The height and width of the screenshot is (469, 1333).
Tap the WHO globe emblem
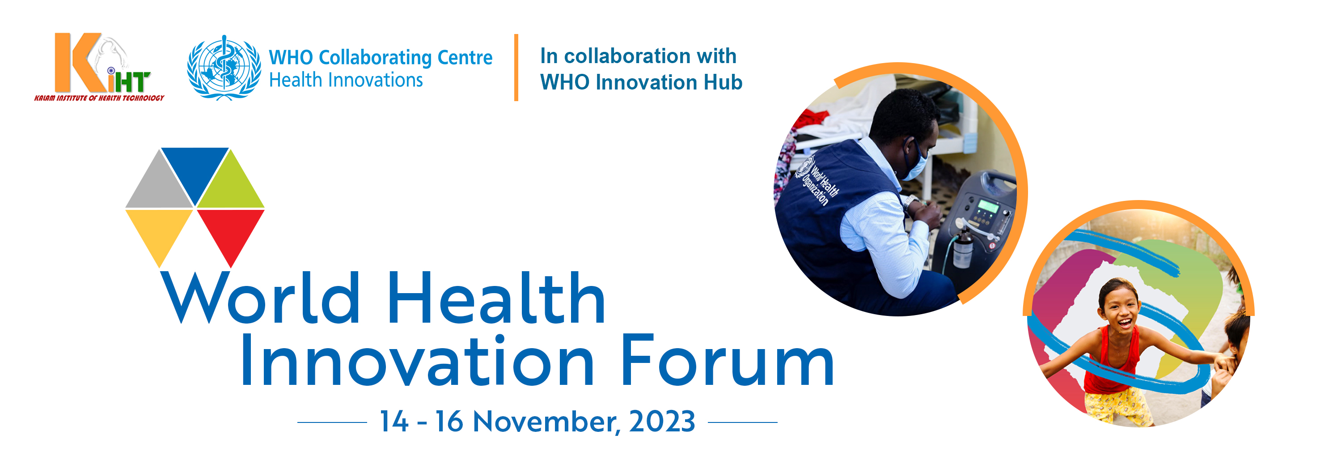pos(224,67)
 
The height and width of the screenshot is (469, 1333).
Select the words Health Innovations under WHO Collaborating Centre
pos(346,80)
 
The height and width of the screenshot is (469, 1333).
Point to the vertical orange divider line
pos(516,67)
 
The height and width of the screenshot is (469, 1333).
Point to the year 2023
pos(662,422)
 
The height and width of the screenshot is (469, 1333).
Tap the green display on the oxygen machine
pos(987,206)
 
